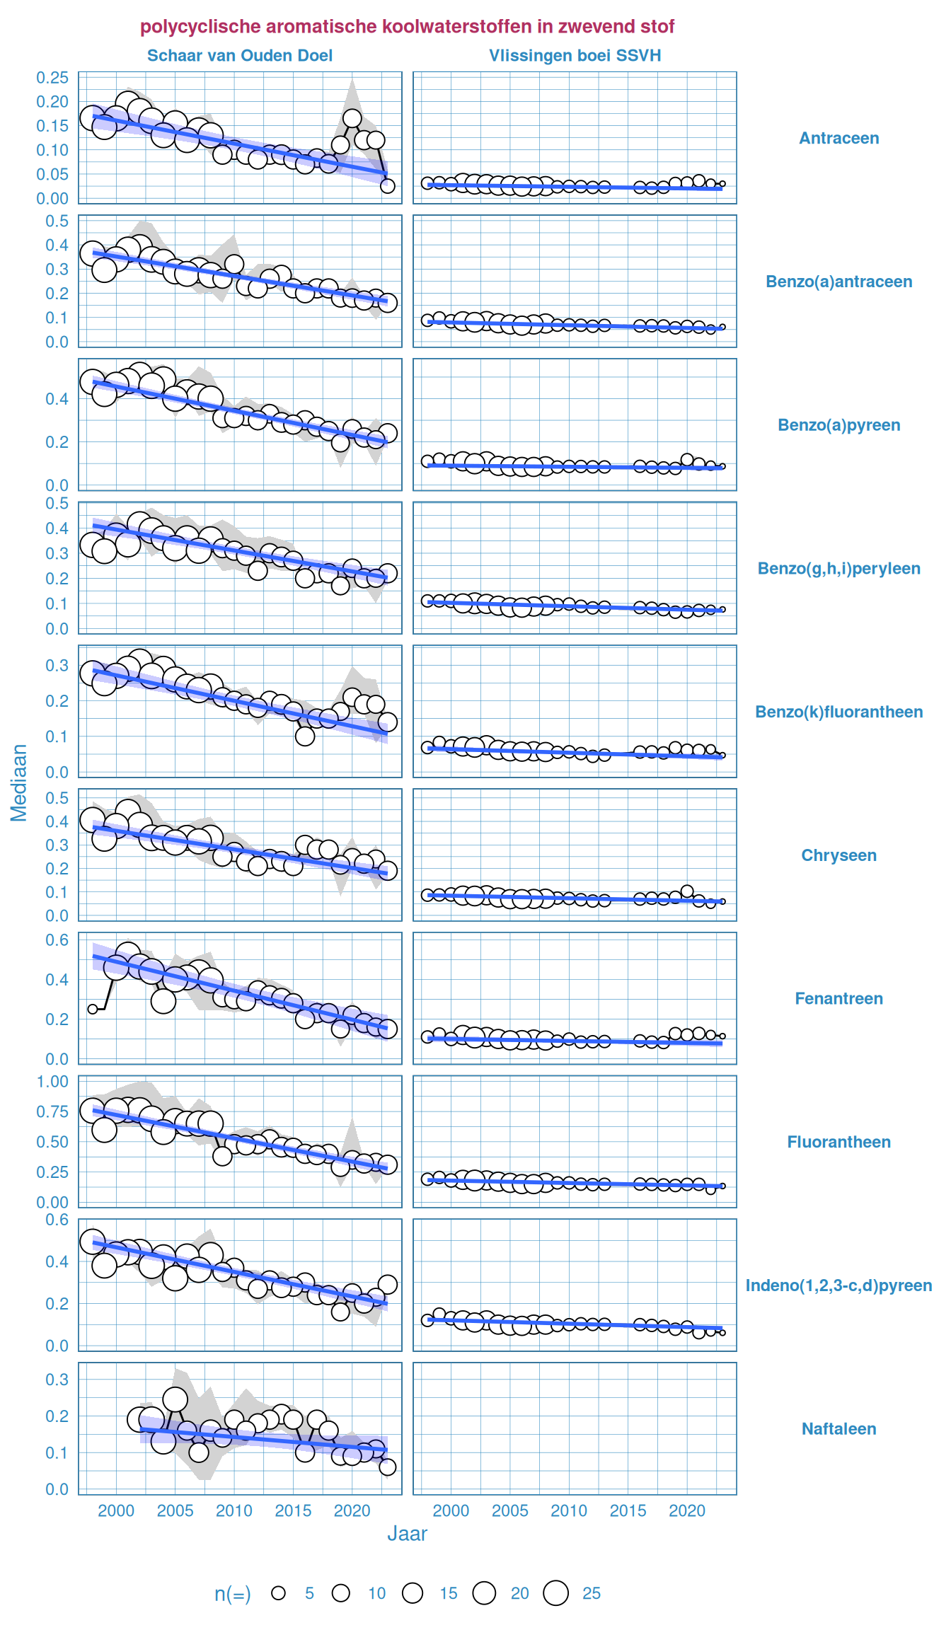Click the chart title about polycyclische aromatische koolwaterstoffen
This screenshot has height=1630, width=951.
click(x=407, y=27)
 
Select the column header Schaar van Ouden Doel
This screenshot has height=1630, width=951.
click(x=240, y=56)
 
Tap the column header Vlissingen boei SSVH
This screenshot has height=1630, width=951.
click(x=575, y=56)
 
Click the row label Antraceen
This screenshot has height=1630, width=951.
click(x=838, y=139)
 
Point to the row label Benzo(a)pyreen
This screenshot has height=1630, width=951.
click(x=838, y=425)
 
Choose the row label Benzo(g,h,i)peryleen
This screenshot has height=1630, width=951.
click(x=838, y=569)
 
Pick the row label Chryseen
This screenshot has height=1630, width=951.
click(x=838, y=855)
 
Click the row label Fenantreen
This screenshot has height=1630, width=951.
click(x=838, y=999)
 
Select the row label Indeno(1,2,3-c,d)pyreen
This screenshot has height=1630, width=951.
click(x=838, y=1285)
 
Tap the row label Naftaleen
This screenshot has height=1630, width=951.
click(x=838, y=1429)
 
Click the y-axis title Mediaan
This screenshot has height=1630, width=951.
click(x=19, y=782)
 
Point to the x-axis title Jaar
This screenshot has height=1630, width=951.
click(x=407, y=1534)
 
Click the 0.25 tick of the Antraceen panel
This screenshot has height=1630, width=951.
click(x=53, y=78)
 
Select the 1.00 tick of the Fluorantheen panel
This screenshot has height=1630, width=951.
click(x=53, y=1082)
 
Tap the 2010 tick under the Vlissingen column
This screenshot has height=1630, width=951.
click(x=569, y=1511)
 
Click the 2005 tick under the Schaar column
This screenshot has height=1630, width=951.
click(x=175, y=1511)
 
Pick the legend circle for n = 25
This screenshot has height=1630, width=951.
click(x=556, y=1593)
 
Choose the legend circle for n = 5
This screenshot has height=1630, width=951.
click(x=279, y=1593)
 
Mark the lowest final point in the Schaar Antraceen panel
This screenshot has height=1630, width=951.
click(x=387, y=186)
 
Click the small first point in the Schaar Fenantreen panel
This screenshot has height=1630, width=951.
click(x=93, y=1009)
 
